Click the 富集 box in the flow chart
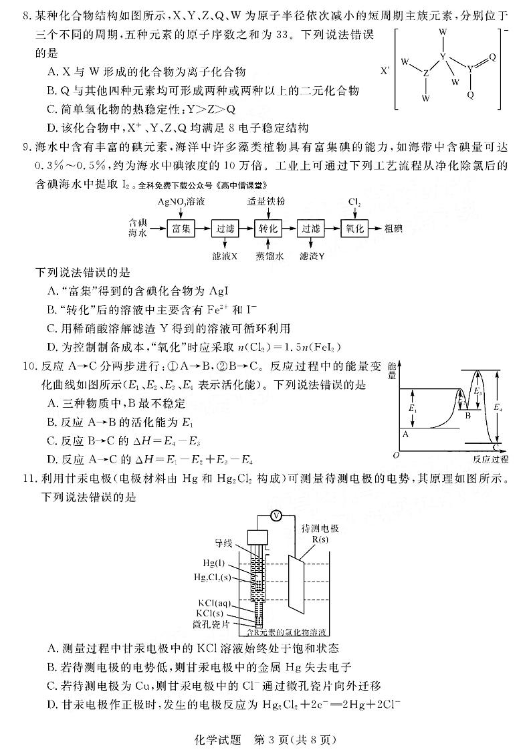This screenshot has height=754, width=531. (x=181, y=228)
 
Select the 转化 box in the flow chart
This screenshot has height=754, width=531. (x=267, y=228)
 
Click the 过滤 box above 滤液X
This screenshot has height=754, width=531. (x=224, y=228)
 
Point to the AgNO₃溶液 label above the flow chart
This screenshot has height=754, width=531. (x=181, y=201)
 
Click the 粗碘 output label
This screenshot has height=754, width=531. (x=394, y=229)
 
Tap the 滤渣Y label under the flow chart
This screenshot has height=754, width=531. (x=312, y=255)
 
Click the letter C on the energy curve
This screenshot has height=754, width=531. (x=496, y=447)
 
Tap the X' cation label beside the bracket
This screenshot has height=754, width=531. (x=385, y=69)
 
